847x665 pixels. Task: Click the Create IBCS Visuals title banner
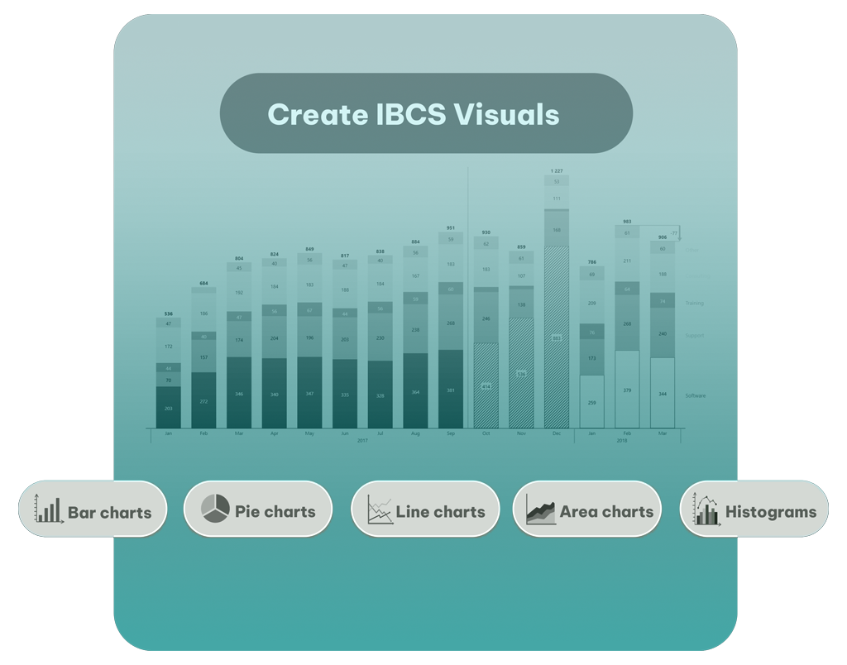[425, 114]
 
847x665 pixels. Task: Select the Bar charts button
[92, 510]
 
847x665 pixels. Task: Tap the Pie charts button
[257, 510]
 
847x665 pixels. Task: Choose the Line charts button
[425, 510]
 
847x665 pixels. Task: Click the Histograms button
[754, 510]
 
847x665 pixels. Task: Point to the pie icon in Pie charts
[215, 509]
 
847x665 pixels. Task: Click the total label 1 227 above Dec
[557, 170]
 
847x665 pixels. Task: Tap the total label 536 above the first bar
[168, 313]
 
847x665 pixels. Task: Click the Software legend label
[696, 395]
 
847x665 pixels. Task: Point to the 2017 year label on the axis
[362, 441]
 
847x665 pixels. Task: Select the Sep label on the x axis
[451, 433]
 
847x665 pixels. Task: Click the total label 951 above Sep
[451, 228]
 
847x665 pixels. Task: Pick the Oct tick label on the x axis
[486, 433]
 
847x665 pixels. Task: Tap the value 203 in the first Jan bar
[168, 409]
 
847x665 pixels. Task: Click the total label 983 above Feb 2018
[627, 222]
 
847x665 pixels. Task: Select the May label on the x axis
[309, 433]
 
